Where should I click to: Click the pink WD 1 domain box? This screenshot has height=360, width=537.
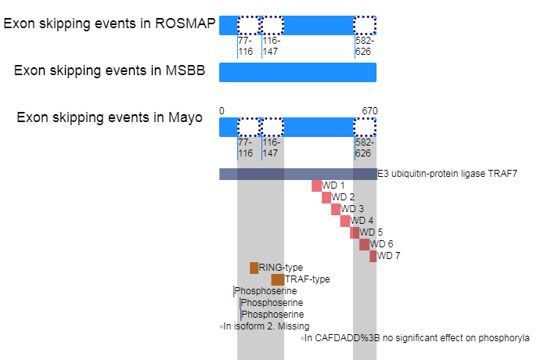316,185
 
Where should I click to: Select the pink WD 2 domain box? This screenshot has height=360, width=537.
326,197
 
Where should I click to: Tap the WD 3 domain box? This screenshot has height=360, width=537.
336,209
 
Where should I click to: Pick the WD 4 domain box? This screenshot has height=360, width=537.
345,221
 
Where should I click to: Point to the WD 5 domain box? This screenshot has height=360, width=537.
355,232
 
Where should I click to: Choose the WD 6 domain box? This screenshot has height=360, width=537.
364,244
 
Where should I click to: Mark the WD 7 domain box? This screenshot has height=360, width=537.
373,256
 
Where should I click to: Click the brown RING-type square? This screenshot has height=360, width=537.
254,268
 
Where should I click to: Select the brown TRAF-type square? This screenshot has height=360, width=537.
277,279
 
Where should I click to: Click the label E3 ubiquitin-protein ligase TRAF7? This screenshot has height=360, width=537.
447,174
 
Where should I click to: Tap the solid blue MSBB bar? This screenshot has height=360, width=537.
297,72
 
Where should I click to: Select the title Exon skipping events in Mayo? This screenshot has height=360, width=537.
110,118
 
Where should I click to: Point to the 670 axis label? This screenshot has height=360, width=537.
370,110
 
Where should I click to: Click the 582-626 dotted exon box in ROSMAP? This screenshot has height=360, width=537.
364,25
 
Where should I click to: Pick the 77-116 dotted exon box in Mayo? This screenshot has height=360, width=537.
248,127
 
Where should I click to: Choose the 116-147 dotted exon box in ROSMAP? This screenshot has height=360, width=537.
272,25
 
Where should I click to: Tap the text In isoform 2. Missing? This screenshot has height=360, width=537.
266,326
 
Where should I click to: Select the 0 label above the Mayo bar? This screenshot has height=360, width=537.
222,110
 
